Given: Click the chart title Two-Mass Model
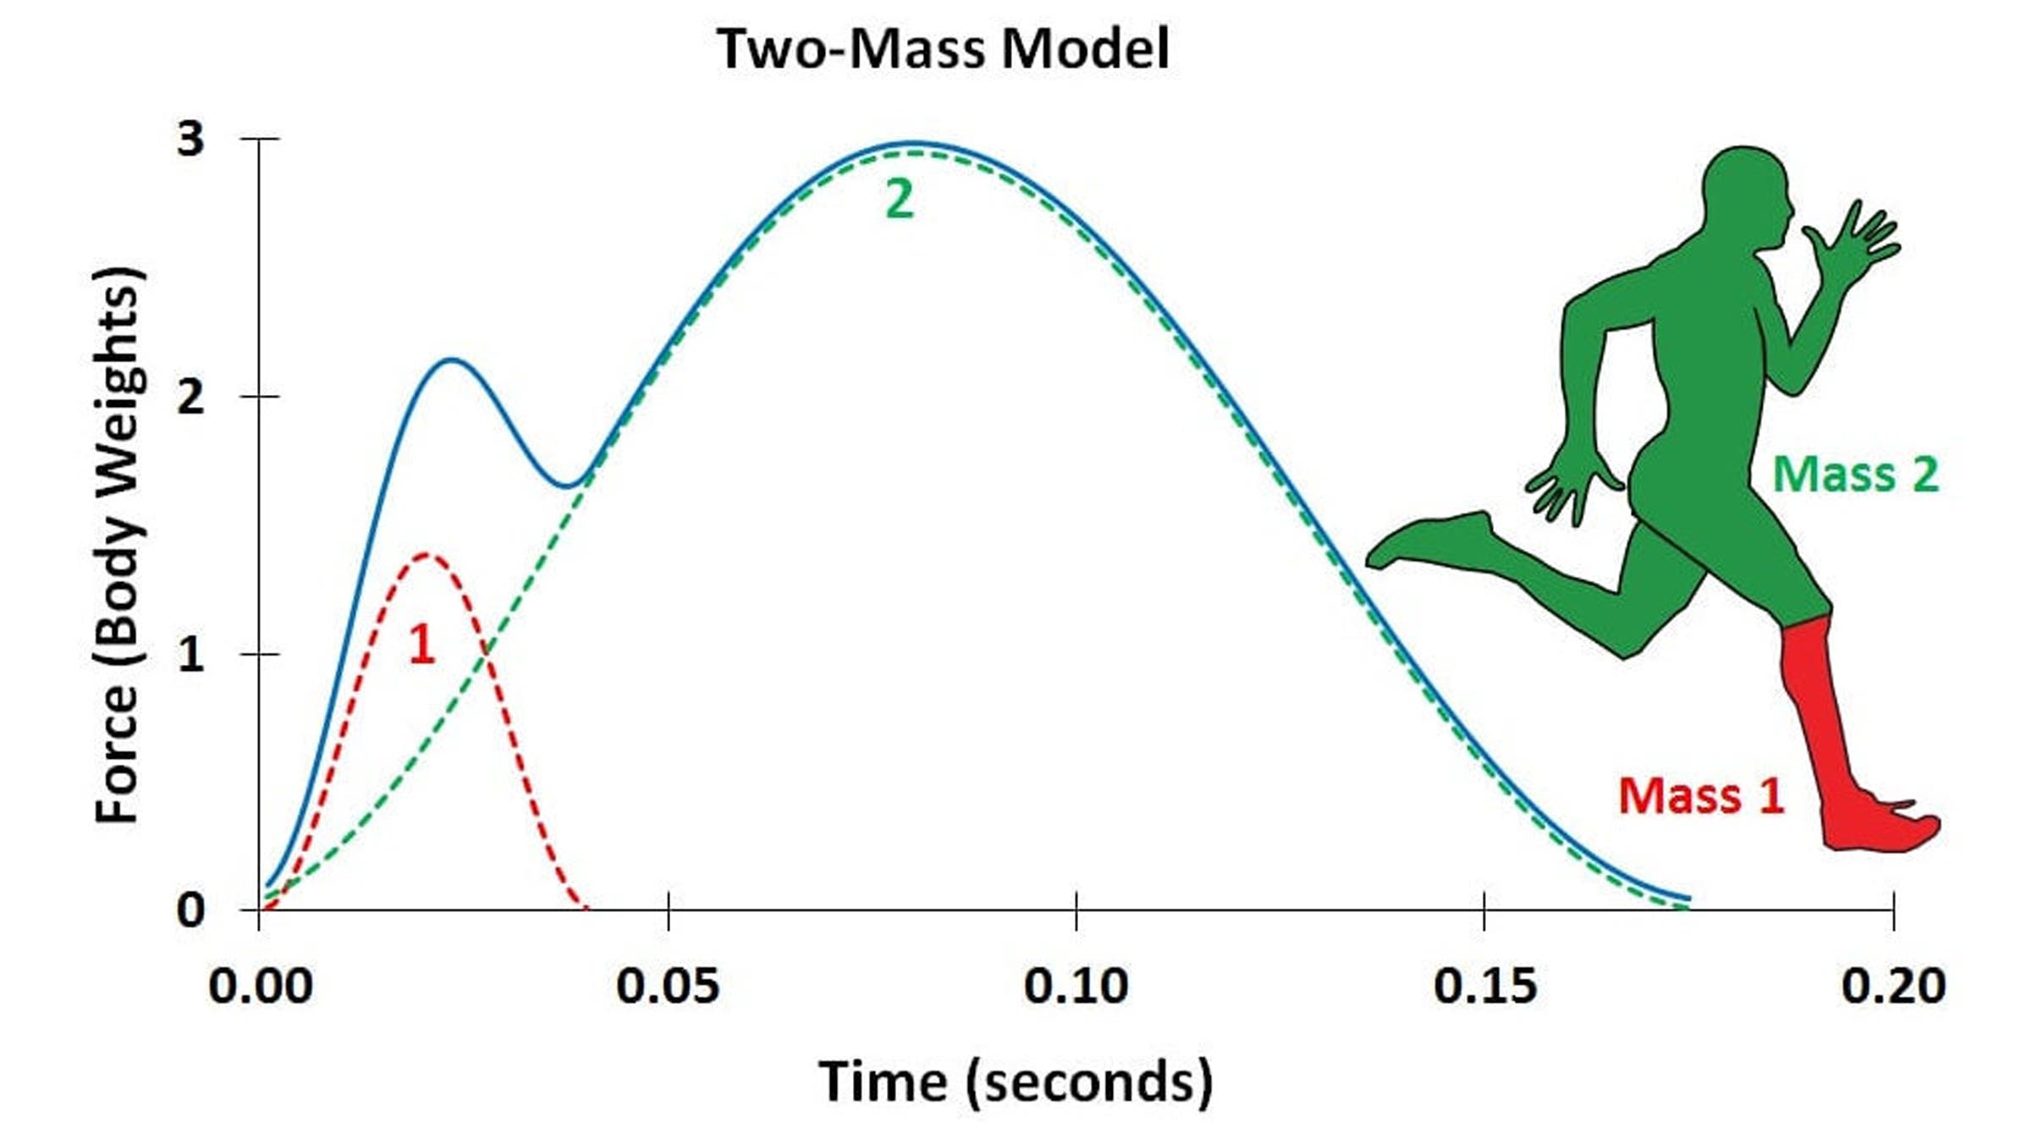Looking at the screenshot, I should coord(943,49).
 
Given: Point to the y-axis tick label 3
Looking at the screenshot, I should coord(190,138).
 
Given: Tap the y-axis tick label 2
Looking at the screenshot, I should coord(190,396).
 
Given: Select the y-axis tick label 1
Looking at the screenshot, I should coord(190,654).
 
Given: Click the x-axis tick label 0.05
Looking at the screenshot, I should coord(668,986).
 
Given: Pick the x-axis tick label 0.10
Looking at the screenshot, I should coord(1076,986).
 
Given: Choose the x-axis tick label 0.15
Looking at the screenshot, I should coord(1484,986).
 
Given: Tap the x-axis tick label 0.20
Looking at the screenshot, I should coord(1893,986).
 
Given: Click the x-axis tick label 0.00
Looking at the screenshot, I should coord(260,986).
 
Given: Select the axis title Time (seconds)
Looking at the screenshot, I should coord(1015,1082).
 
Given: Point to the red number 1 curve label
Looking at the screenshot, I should coord(421,646).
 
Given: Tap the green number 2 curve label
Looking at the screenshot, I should coord(900,201).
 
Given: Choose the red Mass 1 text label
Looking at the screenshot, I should coord(1701,796).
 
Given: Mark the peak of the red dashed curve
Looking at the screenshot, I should coord(426,554).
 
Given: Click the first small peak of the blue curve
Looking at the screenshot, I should coord(453,360).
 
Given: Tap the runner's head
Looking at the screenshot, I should coord(1745,190).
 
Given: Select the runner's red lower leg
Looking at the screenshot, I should coord(1811,711).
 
